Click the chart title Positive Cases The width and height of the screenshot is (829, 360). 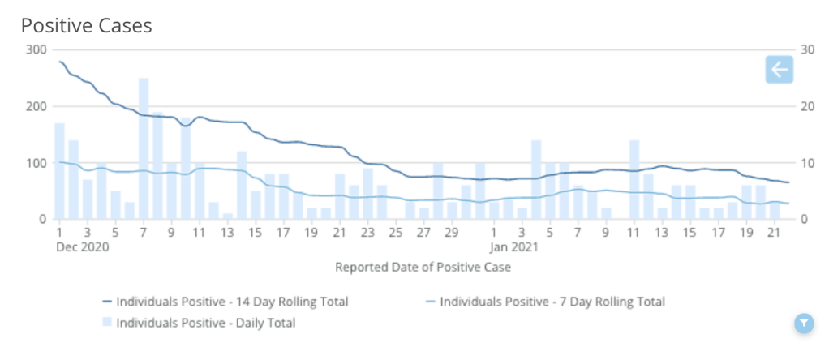click(87, 25)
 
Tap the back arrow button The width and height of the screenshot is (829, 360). click(780, 70)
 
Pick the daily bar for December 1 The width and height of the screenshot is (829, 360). click(59, 171)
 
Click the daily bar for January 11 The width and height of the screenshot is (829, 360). click(634, 179)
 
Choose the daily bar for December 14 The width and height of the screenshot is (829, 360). click(242, 185)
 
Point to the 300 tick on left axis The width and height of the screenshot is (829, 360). click(37, 49)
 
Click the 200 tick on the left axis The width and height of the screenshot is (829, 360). click(37, 106)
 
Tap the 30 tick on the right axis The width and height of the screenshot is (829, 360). click(807, 49)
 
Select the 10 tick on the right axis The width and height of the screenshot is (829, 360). click(807, 163)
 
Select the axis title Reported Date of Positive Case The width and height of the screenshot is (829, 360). click(422, 266)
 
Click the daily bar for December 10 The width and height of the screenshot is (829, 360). click(186, 168)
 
